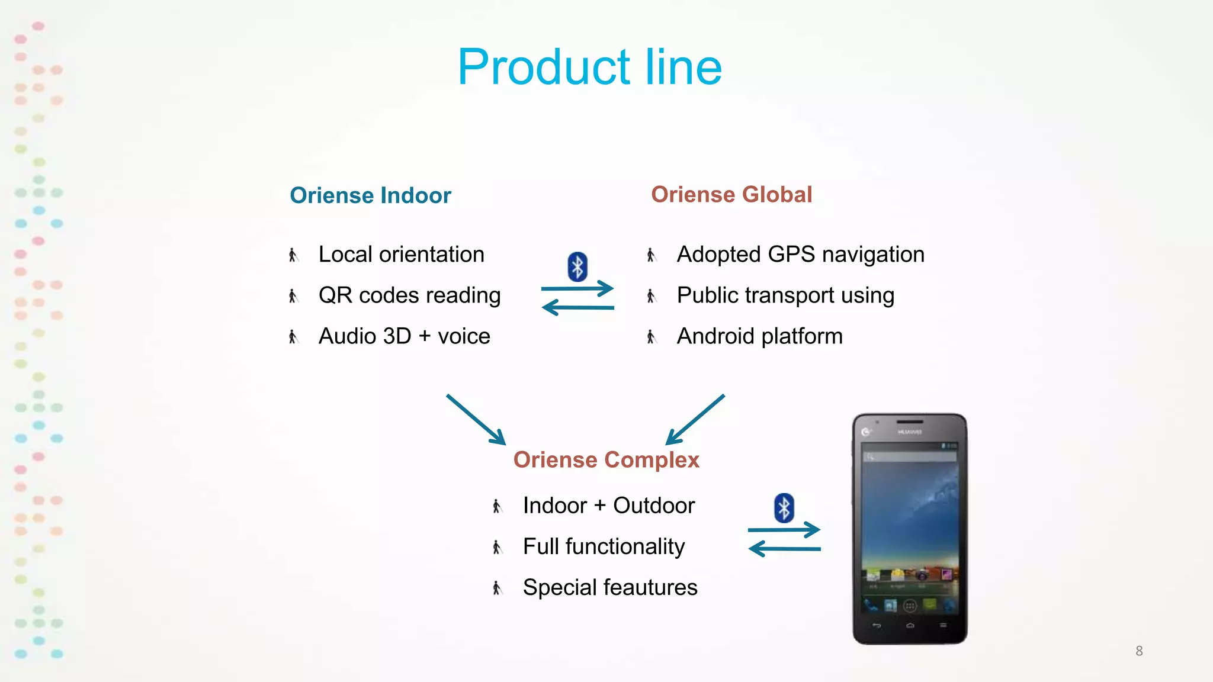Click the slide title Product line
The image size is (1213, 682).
click(589, 67)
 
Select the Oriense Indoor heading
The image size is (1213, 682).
click(370, 195)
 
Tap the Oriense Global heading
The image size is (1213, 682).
click(731, 195)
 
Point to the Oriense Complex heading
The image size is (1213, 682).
click(606, 460)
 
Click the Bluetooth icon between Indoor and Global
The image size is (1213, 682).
click(577, 266)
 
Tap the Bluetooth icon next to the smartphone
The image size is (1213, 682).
click(784, 508)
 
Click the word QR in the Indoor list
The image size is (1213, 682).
click(335, 295)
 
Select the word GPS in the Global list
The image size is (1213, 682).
click(791, 255)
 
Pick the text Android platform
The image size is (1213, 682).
click(759, 336)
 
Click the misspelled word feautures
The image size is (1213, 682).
click(651, 587)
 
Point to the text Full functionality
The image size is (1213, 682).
click(604, 546)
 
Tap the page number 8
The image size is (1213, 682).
click(1139, 651)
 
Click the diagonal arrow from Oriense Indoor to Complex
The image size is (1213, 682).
click(476, 419)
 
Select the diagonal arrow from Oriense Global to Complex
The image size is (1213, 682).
click(695, 419)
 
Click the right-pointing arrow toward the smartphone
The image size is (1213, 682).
click(784, 529)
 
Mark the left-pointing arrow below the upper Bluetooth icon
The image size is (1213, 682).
click(577, 307)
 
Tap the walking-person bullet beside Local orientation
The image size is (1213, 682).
click(293, 255)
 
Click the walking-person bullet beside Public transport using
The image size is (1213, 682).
click(651, 296)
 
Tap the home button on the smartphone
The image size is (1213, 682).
click(910, 626)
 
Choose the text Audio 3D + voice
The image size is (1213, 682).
click(404, 336)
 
